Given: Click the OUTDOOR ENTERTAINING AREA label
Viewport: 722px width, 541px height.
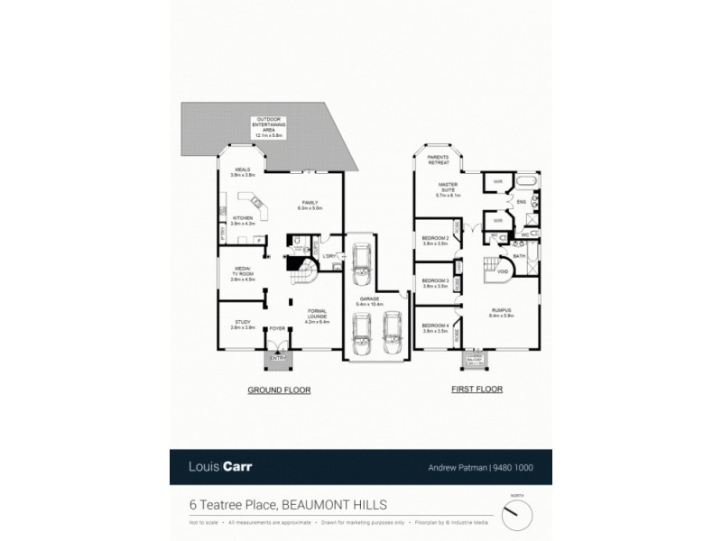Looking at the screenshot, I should pos(269,126).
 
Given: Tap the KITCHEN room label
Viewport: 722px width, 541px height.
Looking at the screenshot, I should pos(243,220).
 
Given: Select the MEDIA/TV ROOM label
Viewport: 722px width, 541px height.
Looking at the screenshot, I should pos(243,273).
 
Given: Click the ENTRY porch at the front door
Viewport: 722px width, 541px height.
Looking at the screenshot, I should pos(277,359).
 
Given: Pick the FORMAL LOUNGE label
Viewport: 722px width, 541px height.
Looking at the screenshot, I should pos(317,316).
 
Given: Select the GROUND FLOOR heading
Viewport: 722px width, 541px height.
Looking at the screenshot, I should pos(279,390).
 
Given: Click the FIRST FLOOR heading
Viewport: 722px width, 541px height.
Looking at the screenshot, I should pos(477,390).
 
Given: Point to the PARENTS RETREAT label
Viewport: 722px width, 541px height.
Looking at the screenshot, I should pos(438,160).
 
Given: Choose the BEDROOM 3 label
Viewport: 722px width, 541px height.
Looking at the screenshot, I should pos(435,283).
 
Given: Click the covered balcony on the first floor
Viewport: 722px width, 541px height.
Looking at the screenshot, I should pos(474,360).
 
